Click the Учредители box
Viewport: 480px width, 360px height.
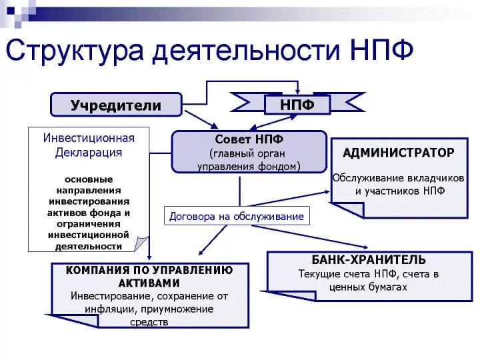[x=116, y=105]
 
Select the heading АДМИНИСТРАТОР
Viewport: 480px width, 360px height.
[x=399, y=153]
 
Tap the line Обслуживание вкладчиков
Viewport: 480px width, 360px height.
[x=398, y=178]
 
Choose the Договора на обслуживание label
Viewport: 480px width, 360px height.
[x=237, y=216]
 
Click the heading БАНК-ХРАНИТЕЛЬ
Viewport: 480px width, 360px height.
[x=369, y=259]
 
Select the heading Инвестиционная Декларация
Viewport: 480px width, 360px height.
[x=89, y=145]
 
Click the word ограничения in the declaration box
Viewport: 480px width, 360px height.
[x=89, y=223]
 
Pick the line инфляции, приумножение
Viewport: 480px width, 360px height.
[x=149, y=309]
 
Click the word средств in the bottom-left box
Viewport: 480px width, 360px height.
[x=149, y=322]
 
